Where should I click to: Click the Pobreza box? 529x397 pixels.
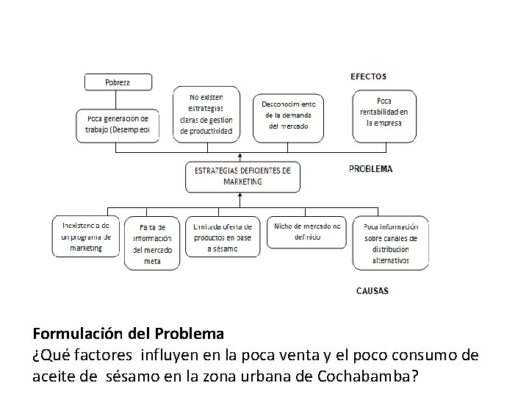click(x=118, y=82)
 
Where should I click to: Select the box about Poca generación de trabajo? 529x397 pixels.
click(x=117, y=125)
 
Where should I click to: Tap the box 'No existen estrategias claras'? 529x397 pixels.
click(x=206, y=114)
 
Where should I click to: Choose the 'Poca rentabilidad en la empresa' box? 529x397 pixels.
click(x=384, y=116)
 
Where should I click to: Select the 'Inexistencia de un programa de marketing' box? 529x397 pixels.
click(x=85, y=236)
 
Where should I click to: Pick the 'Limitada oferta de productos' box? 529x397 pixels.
click(x=223, y=237)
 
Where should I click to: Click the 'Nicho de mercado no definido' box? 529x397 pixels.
click(x=307, y=232)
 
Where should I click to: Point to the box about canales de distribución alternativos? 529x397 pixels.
click(x=390, y=243)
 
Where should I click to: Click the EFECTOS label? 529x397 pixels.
click(x=367, y=76)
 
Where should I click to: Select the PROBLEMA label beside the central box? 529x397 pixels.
click(x=370, y=168)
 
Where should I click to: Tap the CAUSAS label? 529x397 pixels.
click(x=372, y=290)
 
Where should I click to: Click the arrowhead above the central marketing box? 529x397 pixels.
click(x=240, y=156)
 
